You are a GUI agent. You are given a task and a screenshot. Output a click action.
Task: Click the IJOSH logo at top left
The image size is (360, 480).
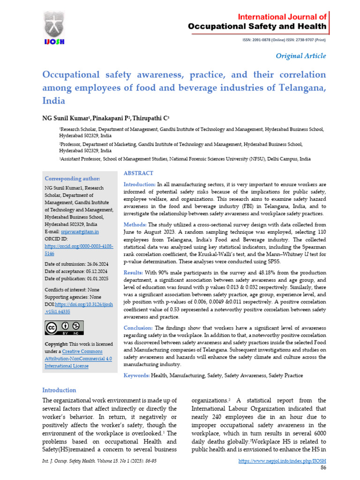coord(55,28)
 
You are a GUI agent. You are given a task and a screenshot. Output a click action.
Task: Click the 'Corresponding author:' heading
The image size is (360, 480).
coord(72,179)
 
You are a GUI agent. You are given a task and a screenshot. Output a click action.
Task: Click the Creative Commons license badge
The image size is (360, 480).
coord(64,327)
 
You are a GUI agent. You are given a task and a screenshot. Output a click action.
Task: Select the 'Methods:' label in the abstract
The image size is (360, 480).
coord(135,225)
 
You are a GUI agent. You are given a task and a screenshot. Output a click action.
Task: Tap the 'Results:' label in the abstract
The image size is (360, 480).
coord(134,272)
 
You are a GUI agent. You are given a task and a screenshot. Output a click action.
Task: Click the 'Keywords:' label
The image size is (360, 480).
coord(136,375)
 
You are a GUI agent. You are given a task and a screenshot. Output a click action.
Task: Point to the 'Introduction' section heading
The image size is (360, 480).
coord(59,390)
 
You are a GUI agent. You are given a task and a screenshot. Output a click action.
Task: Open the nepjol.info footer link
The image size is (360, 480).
coord(282,461)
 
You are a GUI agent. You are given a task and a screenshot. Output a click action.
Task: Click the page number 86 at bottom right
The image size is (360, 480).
coord(323,468)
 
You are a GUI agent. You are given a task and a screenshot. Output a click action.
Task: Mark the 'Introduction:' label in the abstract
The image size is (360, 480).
coord(139,185)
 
